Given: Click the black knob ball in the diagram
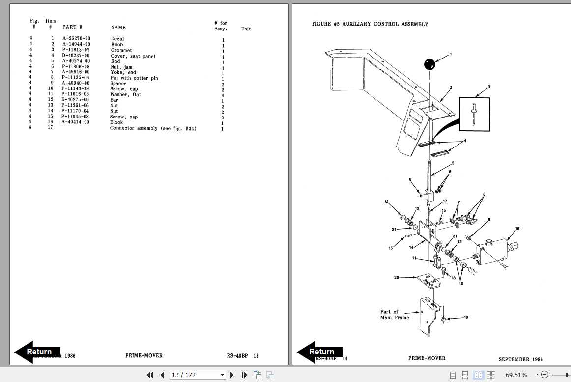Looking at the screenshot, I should pos(429,64).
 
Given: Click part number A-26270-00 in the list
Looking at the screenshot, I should pos(76,39).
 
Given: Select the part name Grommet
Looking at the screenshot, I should pos(121,50).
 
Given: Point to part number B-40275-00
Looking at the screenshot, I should pos(76,100).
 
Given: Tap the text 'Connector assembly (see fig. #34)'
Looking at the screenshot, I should pos(153,128).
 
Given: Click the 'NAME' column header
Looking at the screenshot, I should pos(118,28).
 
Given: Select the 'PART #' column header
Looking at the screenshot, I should pos(72,27).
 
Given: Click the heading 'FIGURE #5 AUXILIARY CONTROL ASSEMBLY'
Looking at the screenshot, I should pos(370,24).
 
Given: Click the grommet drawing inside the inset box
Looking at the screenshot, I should pos(475,114).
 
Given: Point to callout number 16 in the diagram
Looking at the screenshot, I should pos(517,229).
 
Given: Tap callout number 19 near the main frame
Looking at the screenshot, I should pos(466,317).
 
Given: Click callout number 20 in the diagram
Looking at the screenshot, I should pos(397,277).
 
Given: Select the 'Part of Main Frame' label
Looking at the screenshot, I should pos(395,315).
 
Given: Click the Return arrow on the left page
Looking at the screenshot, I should pos(37,352).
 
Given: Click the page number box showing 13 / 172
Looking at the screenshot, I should pos(198,375).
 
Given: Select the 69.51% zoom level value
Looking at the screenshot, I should pos(516,375).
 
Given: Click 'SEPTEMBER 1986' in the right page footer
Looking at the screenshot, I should pos(520,359).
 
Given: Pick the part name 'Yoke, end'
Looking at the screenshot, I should pos(123,72).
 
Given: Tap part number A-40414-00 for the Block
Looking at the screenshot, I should pos(76,122).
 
